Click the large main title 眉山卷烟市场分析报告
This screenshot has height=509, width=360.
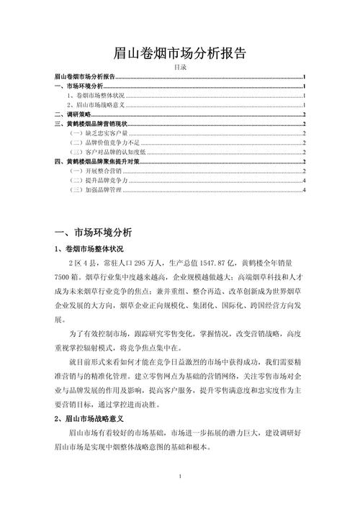pos(180,53)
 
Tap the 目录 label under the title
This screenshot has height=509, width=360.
pos(180,67)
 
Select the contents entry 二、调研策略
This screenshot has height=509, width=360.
pos(73,114)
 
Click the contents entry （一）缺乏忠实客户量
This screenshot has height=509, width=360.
pos(97,133)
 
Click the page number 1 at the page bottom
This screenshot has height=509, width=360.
pos(180,477)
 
